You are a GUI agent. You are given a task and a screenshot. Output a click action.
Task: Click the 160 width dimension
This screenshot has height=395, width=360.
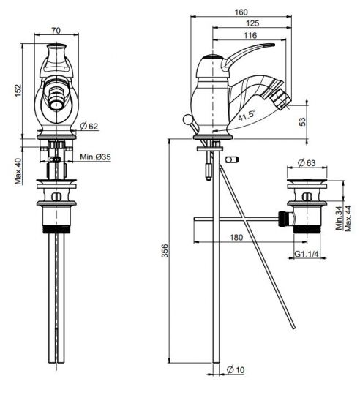(241, 12)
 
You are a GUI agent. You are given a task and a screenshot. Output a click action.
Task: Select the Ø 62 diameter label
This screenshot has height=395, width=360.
(89, 127)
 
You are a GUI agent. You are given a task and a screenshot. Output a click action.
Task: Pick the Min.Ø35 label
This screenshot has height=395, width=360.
(95, 157)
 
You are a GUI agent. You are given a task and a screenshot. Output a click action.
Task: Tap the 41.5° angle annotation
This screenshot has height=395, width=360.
(247, 116)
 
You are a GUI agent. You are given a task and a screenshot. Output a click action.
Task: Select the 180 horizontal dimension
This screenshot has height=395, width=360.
(236, 237)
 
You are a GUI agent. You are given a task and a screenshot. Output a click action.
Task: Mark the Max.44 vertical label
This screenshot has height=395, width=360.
(348, 218)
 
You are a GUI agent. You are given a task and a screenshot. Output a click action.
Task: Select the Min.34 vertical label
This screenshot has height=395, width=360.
(340, 218)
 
